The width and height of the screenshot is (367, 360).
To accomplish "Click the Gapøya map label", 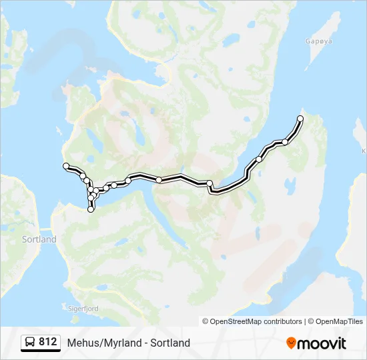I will [x=318, y=41].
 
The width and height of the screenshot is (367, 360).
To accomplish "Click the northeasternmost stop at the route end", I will [x=300, y=119].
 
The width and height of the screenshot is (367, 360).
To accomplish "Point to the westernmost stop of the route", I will [x=65, y=165].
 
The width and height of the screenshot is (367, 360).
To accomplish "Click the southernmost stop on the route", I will [x=91, y=209].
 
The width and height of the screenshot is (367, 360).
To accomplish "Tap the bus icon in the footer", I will [x=30, y=343].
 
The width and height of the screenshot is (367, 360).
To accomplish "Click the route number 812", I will [x=48, y=342].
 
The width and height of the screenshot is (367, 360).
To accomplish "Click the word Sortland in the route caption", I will [x=170, y=343].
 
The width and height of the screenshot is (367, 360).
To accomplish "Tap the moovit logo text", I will [x=322, y=343].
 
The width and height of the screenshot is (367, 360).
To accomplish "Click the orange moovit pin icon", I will [x=291, y=343].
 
